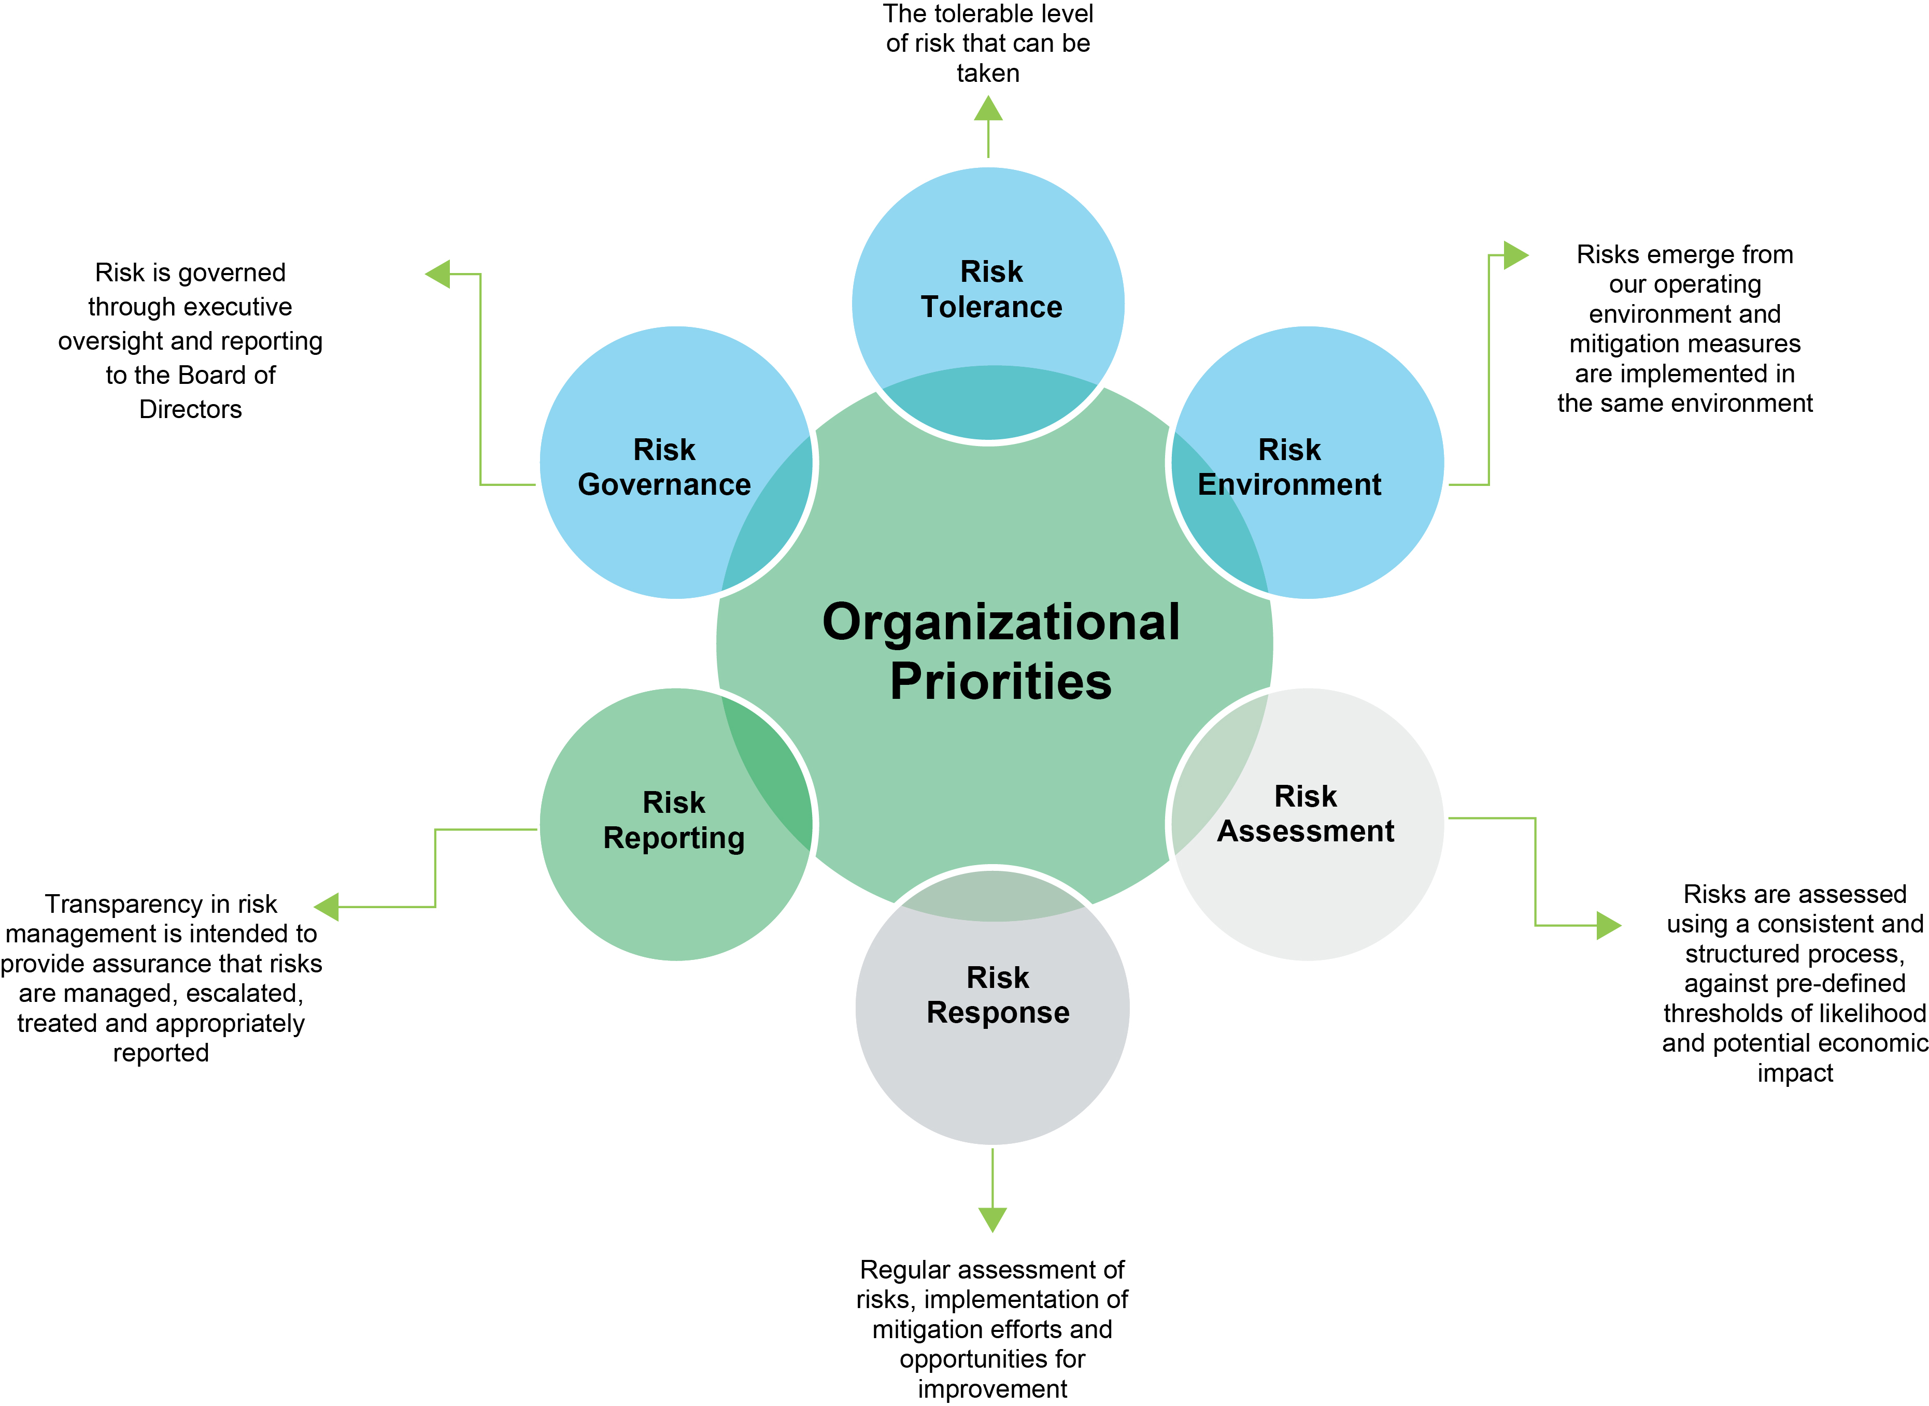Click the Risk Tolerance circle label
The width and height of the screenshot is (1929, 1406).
pos(991,290)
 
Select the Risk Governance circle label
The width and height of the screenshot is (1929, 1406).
pos(664,467)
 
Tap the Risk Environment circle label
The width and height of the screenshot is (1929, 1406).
pos(1289,467)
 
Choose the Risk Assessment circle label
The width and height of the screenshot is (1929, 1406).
pos(1305,814)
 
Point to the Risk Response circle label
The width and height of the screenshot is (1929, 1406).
pos(998,995)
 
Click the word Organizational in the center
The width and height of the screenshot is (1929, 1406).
pos(1000,622)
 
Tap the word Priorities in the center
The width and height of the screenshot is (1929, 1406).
pos(1000,682)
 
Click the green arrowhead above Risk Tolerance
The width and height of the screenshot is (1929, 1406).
pos(987,109)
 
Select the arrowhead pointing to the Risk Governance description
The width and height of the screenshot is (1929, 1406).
pos(438,274)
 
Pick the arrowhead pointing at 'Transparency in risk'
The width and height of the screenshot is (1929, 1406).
pos(328,907)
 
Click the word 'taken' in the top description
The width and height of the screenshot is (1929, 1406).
pos(987,73)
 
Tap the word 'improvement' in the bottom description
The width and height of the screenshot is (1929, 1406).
pos(992,1389)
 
